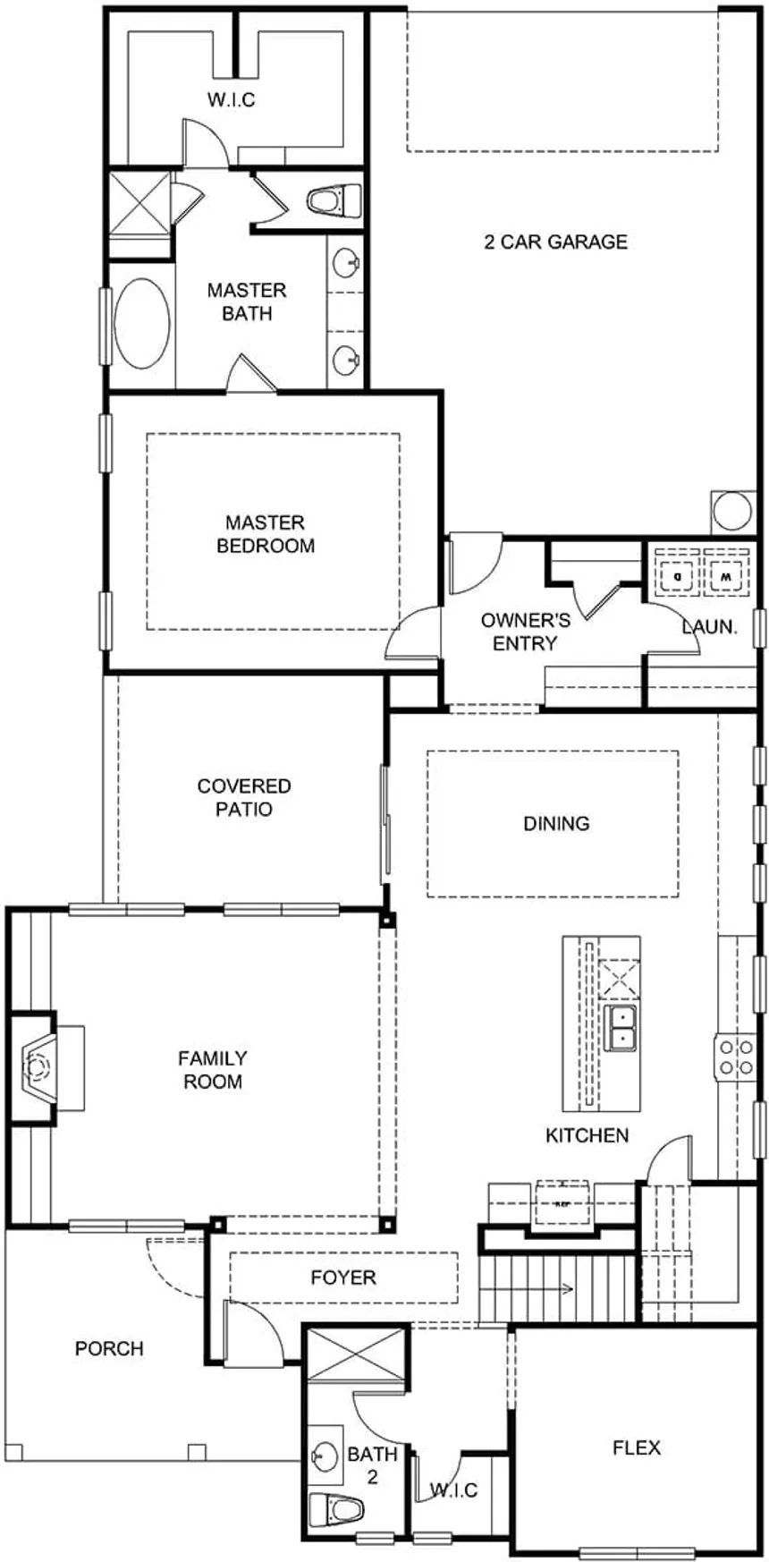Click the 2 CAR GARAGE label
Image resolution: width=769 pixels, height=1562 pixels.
pyautogui.click(x=555, y=242)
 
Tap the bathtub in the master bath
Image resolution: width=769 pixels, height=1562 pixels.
pyautogui.click(x=143, y=323)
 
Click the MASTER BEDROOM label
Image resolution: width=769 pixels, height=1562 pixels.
pyautogui.click(x=266, y=534)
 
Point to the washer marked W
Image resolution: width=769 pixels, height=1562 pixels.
pyautogui.click(x=725, y=575)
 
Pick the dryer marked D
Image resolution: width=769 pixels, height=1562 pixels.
pyautogui.click(x=679, y=575)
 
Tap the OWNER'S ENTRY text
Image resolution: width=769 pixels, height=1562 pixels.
pyautogui.click(x=525, y=632)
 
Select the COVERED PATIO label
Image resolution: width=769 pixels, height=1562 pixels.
pyautogui.click(x=244, y=797)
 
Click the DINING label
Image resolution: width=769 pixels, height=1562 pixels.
pyautogui.click(x=556, y=823)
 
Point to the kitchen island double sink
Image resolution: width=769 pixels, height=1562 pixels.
pyautogui.click(x=620, y=1027)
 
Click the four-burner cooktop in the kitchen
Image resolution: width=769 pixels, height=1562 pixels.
pyautogui.click(x=735, y=1057)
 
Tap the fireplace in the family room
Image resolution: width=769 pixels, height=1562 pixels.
pyautogui.click(x=35, y=1066)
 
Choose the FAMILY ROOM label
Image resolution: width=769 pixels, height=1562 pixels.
pyautogui.click(x=213, y=1070)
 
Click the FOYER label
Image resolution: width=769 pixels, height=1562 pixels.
pyautogui.click(x=343, y=1278)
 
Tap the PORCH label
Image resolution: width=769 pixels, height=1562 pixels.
pyautogui.click(x=109, y=1348)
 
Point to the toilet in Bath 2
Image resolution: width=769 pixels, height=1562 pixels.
pyautogui.click(x=335, y=1510)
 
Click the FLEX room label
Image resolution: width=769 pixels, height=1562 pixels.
pyautogui.click(x=637, y=1447)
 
